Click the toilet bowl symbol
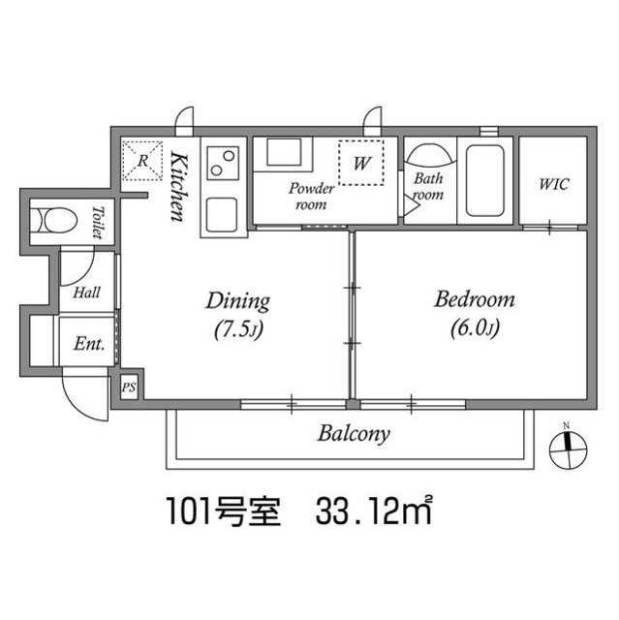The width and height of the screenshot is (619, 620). pos(54,221)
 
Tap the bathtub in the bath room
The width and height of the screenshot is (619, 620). pos(485,181)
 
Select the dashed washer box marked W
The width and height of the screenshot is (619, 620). pos(361,163)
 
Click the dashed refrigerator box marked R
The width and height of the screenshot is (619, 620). pos(142,161)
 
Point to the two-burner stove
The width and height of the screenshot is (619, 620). pos(224,163)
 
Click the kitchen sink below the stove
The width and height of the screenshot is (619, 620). pos(222,215)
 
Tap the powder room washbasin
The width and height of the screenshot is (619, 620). pos(284,152)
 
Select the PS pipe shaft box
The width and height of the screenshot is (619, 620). pos(129,387)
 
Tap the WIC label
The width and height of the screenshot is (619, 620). pos(554,184)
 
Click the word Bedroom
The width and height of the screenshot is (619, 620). pos(475,299)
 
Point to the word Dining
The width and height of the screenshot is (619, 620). pos(238,302)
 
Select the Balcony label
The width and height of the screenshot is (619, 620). pos(354,434)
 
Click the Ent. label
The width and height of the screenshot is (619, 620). pos(89,344)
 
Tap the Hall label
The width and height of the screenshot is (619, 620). pos(86,293)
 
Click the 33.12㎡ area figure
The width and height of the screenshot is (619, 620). pos(374,511)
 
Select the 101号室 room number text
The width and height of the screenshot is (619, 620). pos(224,511)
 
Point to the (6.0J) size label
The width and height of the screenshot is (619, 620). pos(475,327)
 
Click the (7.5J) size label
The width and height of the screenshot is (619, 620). pos(238,330)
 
